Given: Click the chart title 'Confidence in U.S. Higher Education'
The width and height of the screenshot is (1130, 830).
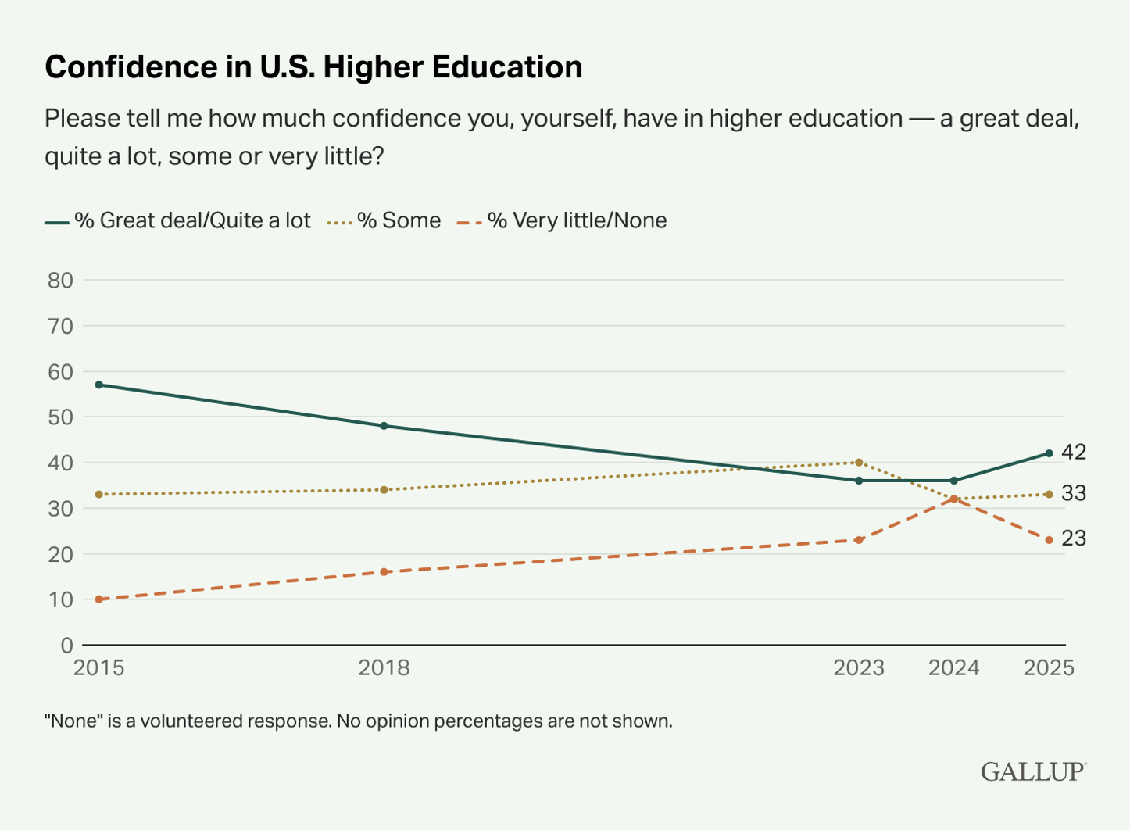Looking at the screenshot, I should click(x=313, y=67).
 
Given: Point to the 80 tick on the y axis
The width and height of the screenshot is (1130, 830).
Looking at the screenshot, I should click(x=60, y=280).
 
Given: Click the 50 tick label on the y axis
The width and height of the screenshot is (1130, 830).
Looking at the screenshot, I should click(x=60, y=417).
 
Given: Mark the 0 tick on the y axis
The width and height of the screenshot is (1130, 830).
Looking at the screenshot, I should click(x=66, y=646).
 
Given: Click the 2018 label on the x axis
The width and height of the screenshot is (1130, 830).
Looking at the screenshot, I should click(x=384, y=668).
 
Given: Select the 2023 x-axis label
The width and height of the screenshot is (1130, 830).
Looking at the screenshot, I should click(x=859, y=668).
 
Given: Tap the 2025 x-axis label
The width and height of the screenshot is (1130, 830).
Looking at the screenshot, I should click(x=1049, y=668).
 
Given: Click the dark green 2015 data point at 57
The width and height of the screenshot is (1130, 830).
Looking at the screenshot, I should click(x=99, y=385).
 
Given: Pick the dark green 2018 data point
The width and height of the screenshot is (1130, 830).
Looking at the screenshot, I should click(x=384, y=426).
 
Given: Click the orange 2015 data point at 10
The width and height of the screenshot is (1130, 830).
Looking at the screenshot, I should click(x=99, y=599).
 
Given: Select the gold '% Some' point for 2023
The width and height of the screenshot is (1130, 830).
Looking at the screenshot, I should click(x=859, y=463).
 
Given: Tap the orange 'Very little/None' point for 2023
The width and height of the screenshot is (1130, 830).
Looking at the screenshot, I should click(x=859, y=540).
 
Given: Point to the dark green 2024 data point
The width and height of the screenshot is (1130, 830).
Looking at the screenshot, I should click(x=954, y=481).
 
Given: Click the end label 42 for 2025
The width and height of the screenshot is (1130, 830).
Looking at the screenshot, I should click(x=1074, y=453).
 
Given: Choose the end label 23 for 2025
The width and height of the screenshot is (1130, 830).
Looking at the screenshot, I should click(x=1074, y=539).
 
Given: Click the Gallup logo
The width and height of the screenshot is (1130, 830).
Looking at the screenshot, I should click(x=1033, y=772).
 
